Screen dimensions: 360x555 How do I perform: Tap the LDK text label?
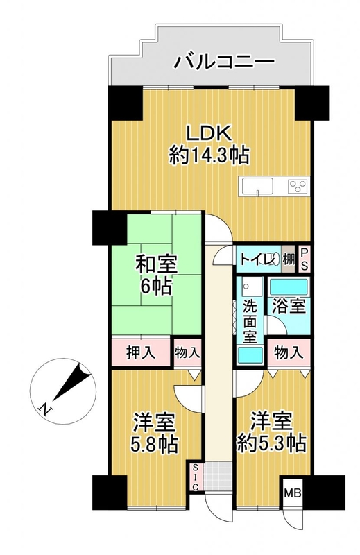coord(209,134)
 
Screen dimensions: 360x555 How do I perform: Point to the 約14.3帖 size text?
coord(209,155)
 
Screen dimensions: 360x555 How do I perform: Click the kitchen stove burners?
coord(298,185)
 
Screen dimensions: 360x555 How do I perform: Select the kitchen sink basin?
coord(258,185)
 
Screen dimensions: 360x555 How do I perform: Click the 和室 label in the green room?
coord(157,265)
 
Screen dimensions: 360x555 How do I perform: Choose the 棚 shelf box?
coord(289,259)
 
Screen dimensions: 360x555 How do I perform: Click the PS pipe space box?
coord(304,259)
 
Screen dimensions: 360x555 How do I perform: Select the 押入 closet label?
coord(141,352)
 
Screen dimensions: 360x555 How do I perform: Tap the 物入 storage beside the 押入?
coord(187,352)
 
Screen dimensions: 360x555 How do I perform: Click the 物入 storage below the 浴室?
coord(289,352)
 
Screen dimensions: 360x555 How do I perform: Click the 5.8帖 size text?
coord(154,445)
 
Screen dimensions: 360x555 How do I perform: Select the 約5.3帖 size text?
coord(271,443)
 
